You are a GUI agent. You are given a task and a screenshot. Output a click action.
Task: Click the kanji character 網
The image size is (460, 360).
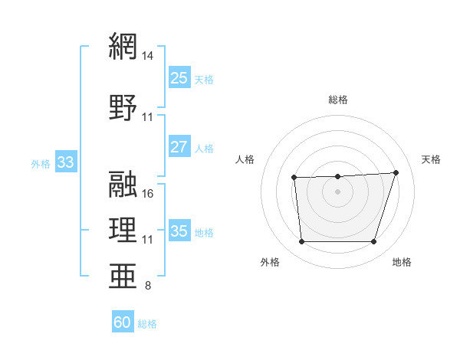[123, 46]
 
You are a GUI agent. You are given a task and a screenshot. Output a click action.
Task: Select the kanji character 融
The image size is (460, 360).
[123, 182]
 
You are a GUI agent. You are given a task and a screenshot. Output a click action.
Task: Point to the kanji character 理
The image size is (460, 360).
[123, 229]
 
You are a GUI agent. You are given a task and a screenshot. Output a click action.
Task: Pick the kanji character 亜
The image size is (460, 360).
[123, 276]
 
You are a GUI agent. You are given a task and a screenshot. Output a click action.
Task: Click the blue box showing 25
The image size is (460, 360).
[179, 78]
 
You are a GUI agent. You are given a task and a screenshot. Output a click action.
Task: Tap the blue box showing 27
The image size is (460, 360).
[179, 147]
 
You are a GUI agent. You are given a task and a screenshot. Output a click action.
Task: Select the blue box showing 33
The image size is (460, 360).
[65, 162]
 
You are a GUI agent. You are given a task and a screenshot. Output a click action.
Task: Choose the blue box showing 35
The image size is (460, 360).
[179, 231]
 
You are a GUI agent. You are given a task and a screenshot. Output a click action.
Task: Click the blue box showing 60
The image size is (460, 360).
[123, 322]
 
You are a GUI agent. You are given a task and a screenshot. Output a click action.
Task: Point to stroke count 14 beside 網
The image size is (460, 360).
[148, 56]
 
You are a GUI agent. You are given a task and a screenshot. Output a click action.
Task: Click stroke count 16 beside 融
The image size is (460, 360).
[148, 193]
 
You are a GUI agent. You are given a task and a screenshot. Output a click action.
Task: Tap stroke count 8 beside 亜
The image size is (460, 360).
[148, 286]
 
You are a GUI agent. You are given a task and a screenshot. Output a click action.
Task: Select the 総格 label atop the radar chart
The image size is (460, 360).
[338, 100]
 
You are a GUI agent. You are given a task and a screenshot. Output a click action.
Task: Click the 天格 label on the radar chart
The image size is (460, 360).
[432, 159]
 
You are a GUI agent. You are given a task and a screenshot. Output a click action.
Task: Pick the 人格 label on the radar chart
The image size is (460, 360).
[245, 159]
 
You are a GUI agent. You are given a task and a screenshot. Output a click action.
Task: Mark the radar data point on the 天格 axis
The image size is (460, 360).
[396, 172]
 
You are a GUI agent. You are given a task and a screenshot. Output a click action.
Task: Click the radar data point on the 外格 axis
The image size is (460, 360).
[301, 242]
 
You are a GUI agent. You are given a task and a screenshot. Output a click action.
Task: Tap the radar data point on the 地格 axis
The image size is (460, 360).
[374, 242]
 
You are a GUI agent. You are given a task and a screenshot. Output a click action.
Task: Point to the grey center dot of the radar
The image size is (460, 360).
[338, 191]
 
